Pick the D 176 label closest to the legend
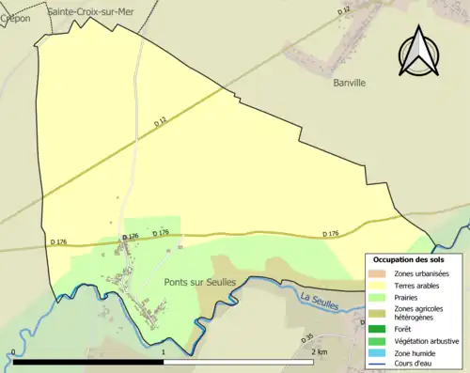click(x=330, y=234)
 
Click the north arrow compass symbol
click(x=419, y=53)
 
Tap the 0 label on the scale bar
click(x=13, y=351)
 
